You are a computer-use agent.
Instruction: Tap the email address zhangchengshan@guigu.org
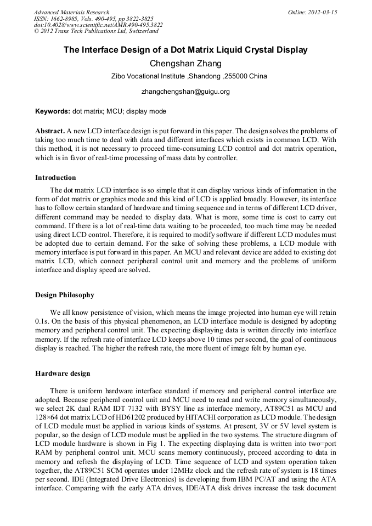click(x=185, y=92)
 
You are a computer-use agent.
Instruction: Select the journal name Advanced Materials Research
click(x=72, y=12)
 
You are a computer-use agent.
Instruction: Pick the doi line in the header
click(x=98, y=25)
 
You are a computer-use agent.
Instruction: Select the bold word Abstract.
click(x=49, y=132)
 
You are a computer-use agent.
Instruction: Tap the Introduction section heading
click(x=55, y=178)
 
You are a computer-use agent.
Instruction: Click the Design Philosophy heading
click(x=65, y=295)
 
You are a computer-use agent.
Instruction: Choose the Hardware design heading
click(x=63, y=374)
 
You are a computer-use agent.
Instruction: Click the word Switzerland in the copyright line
click(x=141, y=31)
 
